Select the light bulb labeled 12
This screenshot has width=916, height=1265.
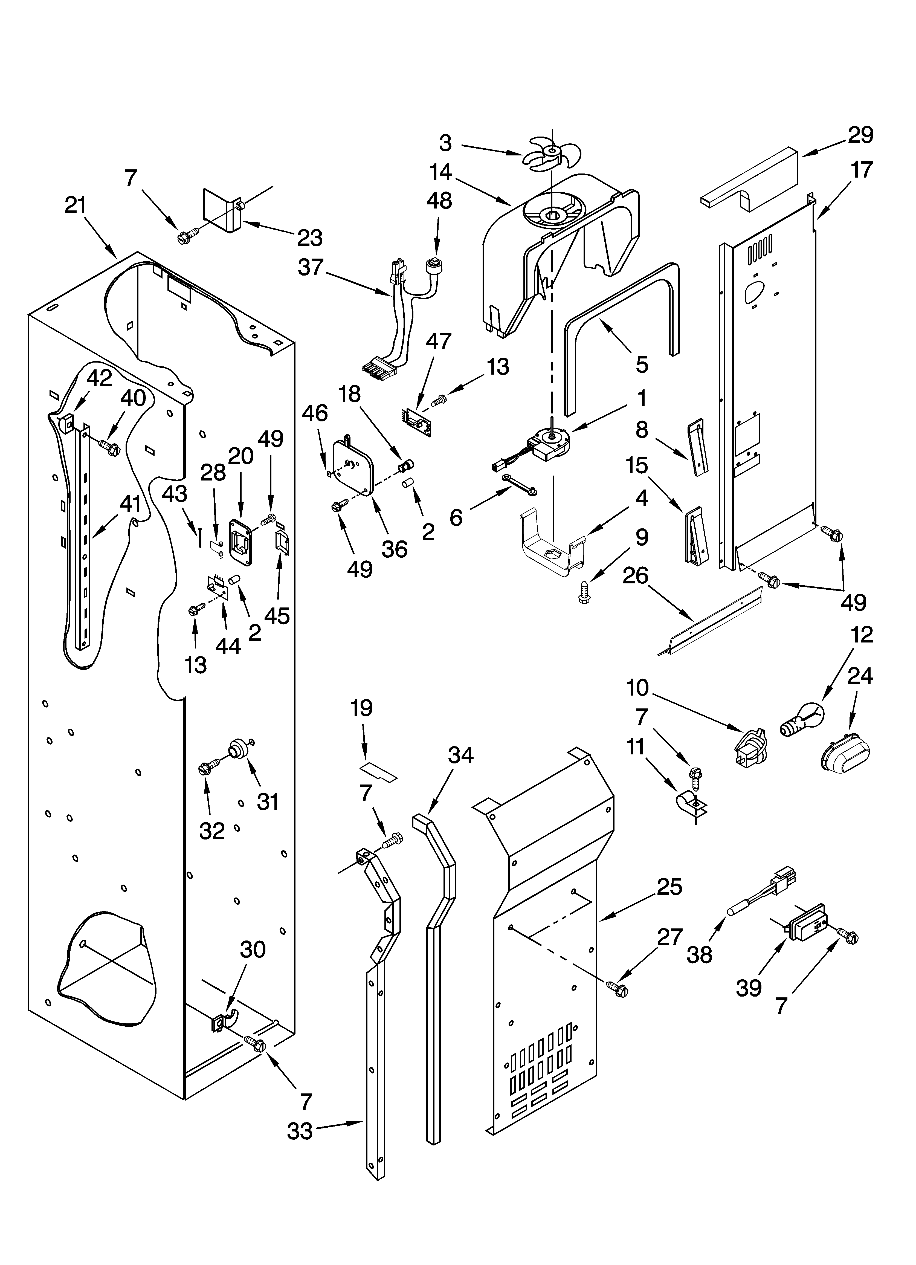[800, 721]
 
